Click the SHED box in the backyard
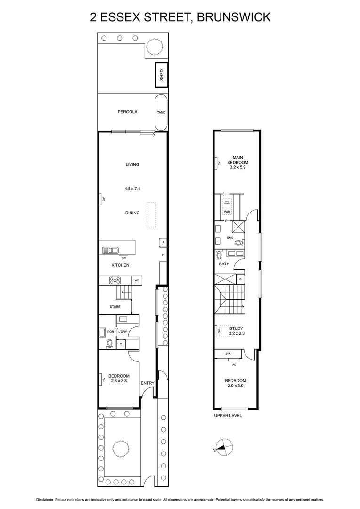point(161,75)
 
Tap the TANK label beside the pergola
point(161,112)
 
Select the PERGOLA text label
point(127,112)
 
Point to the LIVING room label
point(132,164)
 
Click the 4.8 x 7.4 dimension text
point(132,189)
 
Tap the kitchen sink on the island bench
point(110,250)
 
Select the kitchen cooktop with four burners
point(115,280)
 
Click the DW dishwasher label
point(123,258)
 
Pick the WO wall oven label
point(137,280)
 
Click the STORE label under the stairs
point(115,307)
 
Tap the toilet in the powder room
point(110,343)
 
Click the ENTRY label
point(147,383)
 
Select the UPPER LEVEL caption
point(228,416)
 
